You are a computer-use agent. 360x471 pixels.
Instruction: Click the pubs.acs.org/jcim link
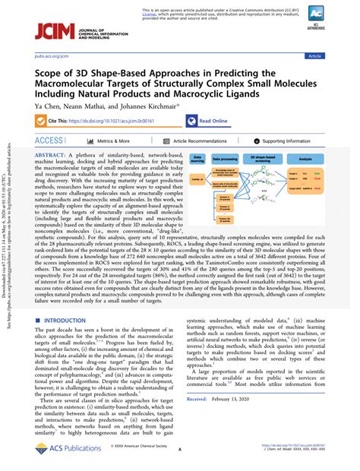coord(54,56)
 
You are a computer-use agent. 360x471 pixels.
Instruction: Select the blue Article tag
coord(336,56)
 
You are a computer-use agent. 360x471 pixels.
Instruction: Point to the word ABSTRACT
coord(51,153)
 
